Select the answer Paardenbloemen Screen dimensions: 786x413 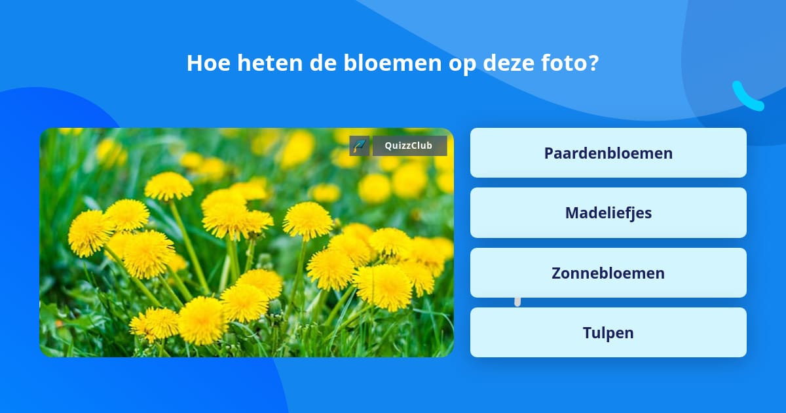coord(608,153)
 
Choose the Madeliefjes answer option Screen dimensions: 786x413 coord(608,213)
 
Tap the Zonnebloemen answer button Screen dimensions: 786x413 coord(608,273)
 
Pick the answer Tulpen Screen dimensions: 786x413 coord(608,332)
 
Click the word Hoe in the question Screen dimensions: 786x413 coord(208,63)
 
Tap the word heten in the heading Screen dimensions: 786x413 coord(270,63)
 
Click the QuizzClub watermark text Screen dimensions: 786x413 coord(409,146)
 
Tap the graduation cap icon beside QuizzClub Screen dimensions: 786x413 coord(360,146)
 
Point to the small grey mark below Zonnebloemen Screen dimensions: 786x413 coord(517,302)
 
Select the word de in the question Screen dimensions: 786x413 coord(323,63)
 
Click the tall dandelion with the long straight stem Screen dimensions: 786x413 coord(169,186)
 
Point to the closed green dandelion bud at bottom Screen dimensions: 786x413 coord(276,308)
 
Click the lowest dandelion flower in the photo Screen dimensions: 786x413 coord(202,321)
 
